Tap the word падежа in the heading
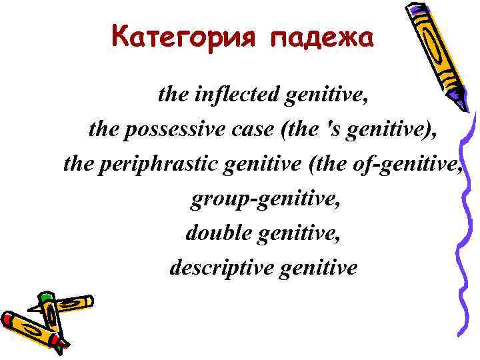(x=323, y=38)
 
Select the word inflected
(x=237, y=95)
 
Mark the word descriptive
(x=222, y=268)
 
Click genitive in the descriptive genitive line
(x=319, y=268)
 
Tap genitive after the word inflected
(x=326, y=95)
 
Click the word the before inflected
(x=173, y=95)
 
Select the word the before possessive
(x=103, y=129)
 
